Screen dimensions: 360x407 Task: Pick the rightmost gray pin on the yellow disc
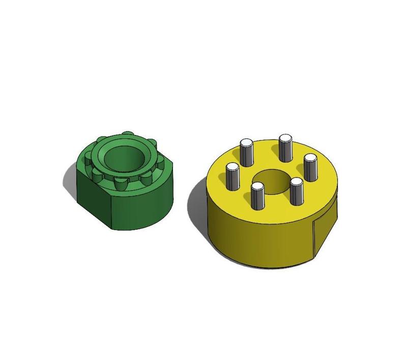(311, 168)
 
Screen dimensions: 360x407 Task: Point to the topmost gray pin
(285, 148)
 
